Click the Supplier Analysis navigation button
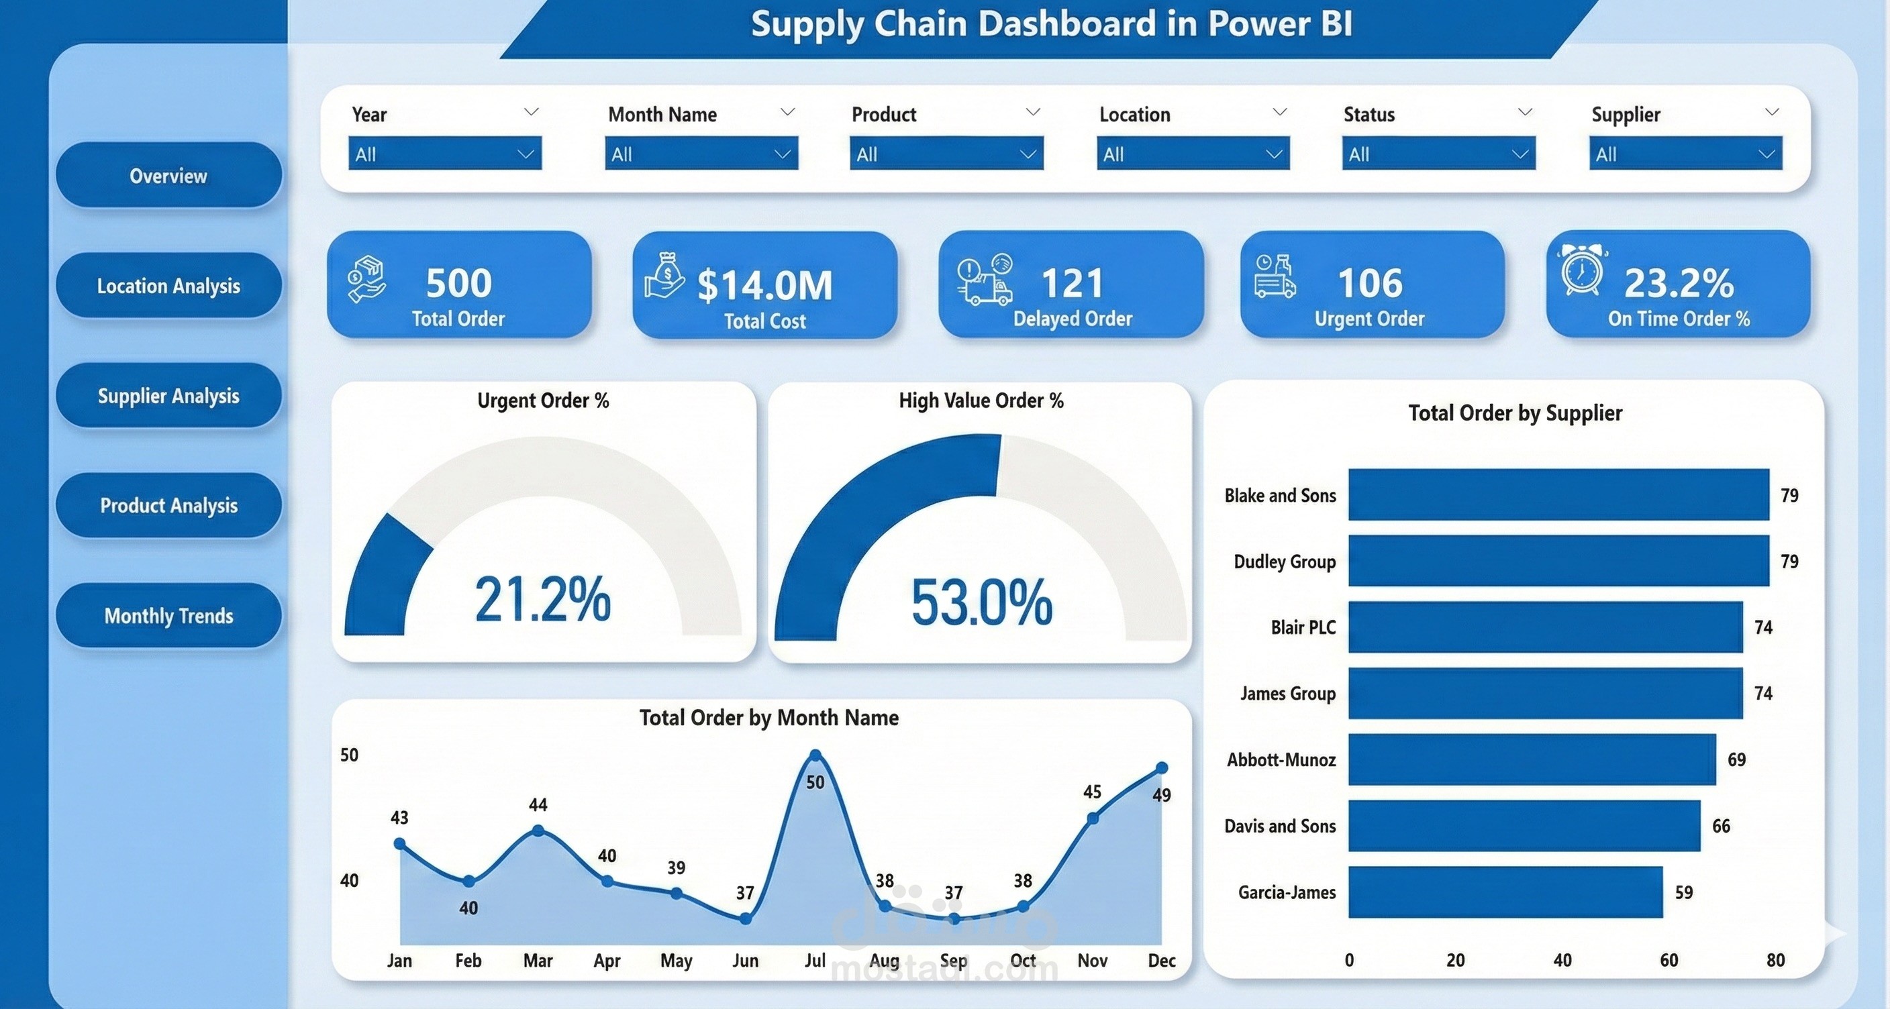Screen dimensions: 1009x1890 pos(168,396)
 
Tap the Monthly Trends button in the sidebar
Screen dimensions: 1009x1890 pos(168,616)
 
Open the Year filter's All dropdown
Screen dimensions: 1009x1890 pos(444,154)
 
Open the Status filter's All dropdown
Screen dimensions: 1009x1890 pos(1438,154)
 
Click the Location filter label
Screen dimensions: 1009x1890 pos(1134,115)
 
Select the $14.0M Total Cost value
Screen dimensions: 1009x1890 pos(764,285)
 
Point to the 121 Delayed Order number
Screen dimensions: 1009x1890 pos(1072,283)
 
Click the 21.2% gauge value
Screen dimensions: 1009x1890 pos(542,600)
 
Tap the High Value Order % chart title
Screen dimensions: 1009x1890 pos(981,401)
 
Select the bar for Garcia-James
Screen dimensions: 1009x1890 pos(1505,892)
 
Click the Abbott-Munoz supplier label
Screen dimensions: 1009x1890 pos(1281,759)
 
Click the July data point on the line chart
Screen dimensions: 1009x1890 pos(815,755)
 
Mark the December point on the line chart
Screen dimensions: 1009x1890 pos(1161,767)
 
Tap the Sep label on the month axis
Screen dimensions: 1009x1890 pos(953,961)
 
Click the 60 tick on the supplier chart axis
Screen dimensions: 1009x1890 pos(1669,961)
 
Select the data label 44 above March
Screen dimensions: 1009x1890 pos(538,805)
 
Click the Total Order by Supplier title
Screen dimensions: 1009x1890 pos(1514,413)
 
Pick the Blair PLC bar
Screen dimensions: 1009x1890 pos(1544,627)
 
